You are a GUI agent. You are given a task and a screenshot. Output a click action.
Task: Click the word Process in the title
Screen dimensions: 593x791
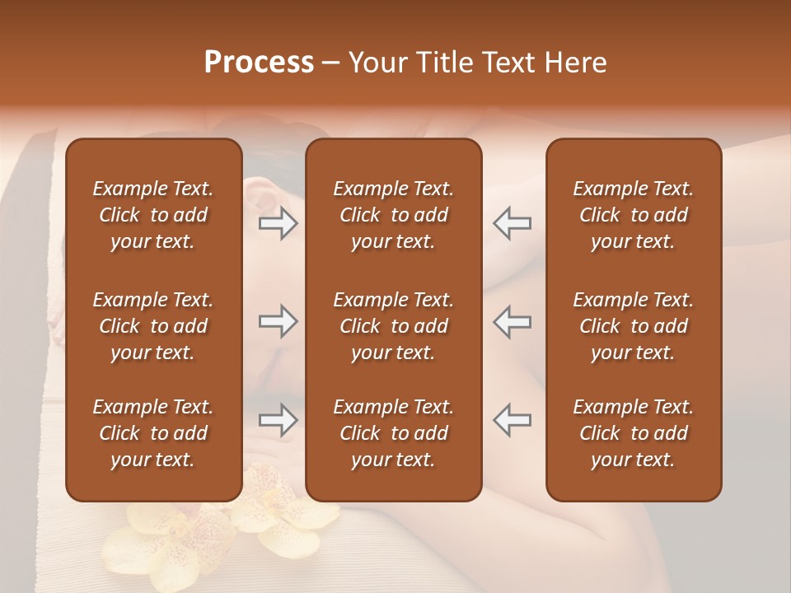(259, 63)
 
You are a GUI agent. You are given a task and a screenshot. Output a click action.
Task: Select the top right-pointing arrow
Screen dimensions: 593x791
(278, 223)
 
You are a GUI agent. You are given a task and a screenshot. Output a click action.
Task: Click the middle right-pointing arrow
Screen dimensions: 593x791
(278, 321)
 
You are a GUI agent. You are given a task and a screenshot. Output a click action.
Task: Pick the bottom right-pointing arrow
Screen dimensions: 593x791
(278, 420)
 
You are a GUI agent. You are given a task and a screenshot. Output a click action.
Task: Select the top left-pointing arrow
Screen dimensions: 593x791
(513, 223)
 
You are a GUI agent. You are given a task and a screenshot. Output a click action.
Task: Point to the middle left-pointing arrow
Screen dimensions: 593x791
(513, 321)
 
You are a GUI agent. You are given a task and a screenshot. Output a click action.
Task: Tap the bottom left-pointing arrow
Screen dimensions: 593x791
(513, 420)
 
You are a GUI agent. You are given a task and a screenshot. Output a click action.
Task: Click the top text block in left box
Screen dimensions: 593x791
(153, 215)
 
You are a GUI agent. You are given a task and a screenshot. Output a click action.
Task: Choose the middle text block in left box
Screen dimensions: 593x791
(153, 326)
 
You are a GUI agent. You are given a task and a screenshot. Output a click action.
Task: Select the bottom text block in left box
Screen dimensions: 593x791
(153, 433)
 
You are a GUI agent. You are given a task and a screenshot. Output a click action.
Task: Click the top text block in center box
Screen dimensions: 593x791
(393, 215)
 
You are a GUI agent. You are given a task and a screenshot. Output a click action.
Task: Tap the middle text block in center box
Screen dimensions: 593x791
(393, 326)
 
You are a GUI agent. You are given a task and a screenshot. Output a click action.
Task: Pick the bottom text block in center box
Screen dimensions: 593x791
(393, 433)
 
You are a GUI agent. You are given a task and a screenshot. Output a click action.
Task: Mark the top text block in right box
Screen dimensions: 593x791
(634, 215)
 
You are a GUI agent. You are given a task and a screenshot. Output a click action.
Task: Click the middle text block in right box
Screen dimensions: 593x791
(634, 326)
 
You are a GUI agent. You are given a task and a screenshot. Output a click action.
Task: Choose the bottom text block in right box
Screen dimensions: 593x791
(634, 433)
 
